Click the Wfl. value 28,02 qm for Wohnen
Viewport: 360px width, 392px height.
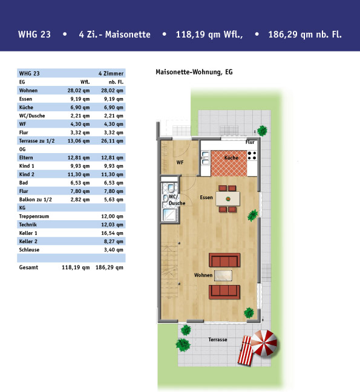79,91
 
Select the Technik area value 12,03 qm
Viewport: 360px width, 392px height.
113,225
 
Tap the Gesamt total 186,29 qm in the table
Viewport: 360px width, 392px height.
110,267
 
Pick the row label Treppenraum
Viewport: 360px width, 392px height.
34,216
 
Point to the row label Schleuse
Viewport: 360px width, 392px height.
29,250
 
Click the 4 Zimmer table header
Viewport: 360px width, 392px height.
111,74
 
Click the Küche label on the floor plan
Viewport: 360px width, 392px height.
231,158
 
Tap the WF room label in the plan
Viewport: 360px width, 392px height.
180,163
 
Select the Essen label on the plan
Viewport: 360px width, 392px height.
206,197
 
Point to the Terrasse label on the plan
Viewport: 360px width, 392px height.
218,339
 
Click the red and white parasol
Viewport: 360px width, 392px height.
264,343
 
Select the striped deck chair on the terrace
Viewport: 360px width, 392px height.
245,350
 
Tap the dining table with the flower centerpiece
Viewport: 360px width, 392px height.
227,199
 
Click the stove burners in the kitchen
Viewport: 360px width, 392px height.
252,155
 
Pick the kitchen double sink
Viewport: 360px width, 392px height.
205,158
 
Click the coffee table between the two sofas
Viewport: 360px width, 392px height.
223,275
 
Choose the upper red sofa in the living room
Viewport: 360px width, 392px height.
224,260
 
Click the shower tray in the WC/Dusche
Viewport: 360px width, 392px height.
169,215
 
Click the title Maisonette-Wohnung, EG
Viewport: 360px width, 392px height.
194,72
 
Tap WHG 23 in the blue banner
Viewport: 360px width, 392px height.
34,34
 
